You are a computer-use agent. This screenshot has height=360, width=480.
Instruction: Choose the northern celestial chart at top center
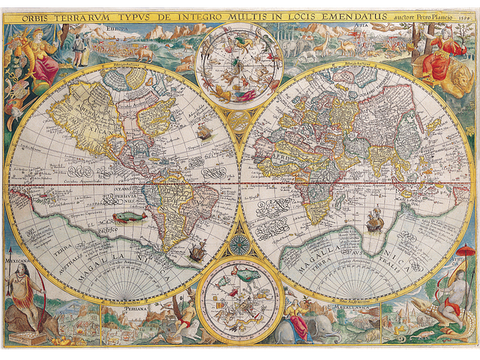pos(240,65)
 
